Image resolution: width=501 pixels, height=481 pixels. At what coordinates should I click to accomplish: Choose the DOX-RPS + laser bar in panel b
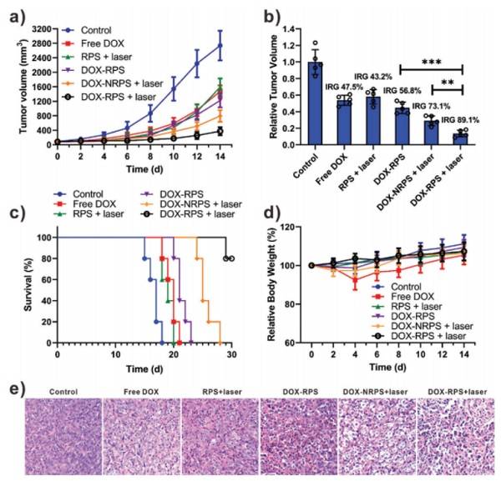click(458, 138)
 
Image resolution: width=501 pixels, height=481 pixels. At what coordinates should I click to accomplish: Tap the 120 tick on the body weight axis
click(292, 228)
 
